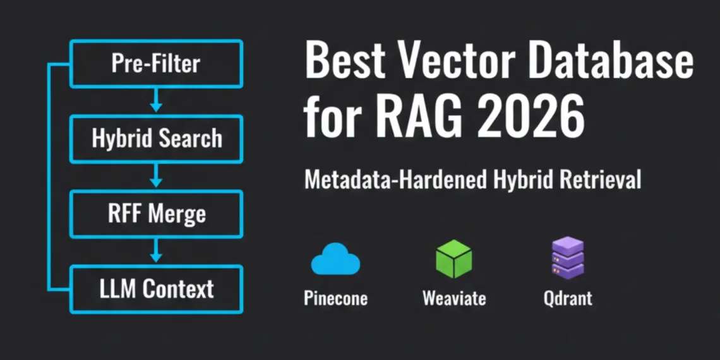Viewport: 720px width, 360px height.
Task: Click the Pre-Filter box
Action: [156, 64]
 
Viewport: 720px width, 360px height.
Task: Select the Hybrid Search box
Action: [156, 139]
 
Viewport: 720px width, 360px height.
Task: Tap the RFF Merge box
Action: [156, 213]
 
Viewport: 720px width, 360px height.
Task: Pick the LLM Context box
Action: [156, 289]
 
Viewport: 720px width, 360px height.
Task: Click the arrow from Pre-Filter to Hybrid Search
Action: [156, 101]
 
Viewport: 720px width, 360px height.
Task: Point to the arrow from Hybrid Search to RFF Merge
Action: [156, 176]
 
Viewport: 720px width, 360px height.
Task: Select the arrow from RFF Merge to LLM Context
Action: [156, 251]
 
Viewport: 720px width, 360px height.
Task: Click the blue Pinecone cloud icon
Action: [335, 260]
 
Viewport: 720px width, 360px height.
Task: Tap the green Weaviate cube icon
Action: [453, 259]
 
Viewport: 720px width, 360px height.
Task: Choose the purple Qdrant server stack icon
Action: [567, 258]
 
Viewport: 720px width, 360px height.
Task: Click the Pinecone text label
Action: [335, 298]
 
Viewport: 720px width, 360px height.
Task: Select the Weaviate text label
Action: [453, 298]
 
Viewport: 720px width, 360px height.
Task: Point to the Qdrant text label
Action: [568, 298]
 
